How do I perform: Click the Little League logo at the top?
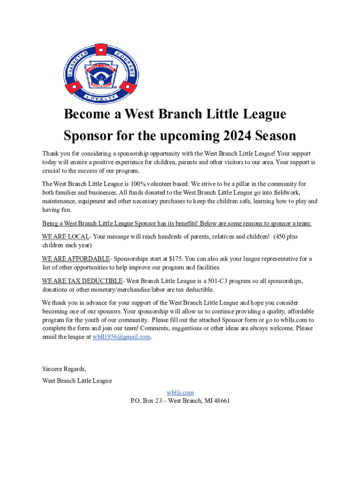click(101, 74)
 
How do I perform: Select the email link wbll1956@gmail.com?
click(122, 337)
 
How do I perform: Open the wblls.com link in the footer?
click(180, 392)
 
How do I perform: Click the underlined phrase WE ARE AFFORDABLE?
click(76, 259)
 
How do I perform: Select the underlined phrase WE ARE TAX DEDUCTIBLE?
click(82, 281)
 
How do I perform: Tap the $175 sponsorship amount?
click(175, 259)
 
